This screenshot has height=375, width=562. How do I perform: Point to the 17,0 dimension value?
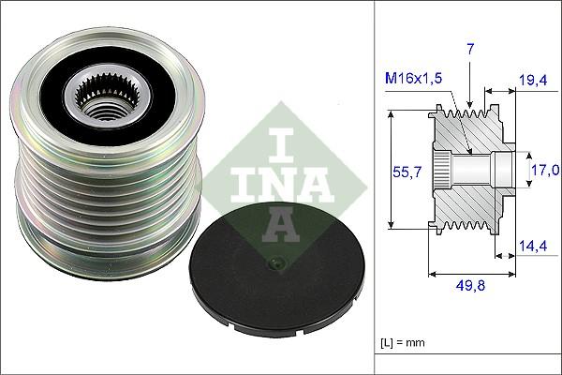tap(545, 170)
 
